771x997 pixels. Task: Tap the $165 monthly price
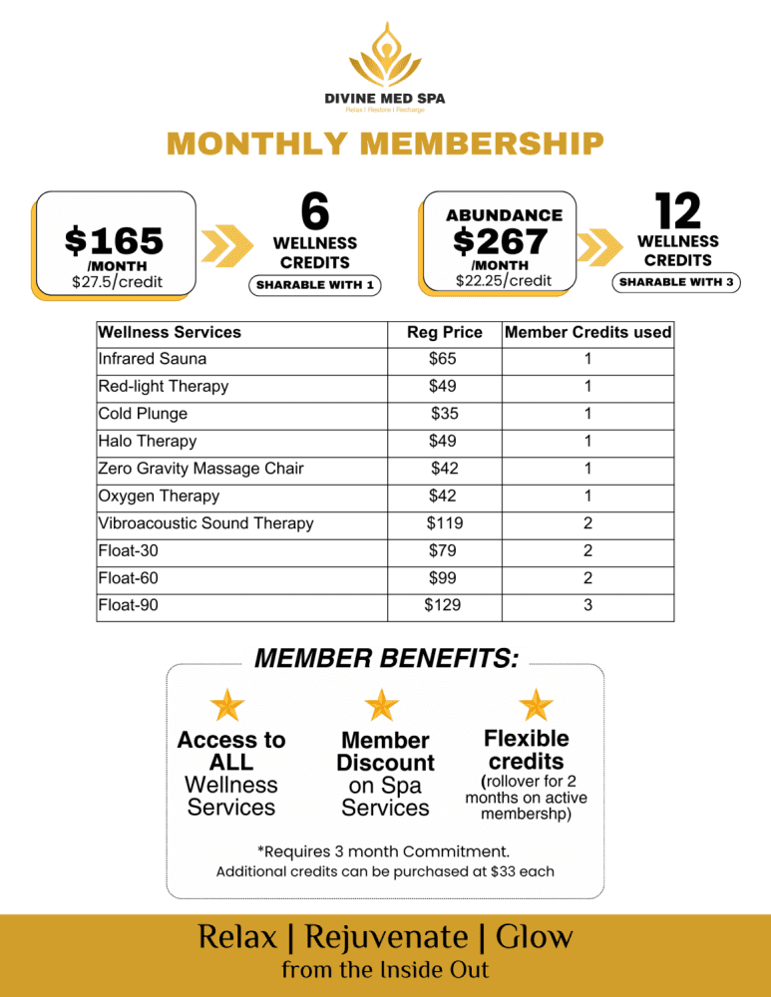113,240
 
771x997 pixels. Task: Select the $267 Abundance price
500,240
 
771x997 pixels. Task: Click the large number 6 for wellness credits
314,212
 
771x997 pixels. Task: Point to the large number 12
677,210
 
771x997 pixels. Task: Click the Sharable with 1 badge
314,286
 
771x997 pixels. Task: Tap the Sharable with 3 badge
677,282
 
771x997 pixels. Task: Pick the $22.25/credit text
503,280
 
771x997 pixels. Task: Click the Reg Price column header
445,332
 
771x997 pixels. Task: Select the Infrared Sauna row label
153,359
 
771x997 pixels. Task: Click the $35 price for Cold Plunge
445,414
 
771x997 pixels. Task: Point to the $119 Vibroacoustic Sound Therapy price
445,523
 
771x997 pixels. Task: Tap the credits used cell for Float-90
587,605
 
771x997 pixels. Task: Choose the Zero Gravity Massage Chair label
200,469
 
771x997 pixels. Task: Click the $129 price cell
443,605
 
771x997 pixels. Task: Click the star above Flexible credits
536,705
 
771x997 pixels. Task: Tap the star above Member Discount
382,705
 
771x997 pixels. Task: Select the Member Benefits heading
387,659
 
